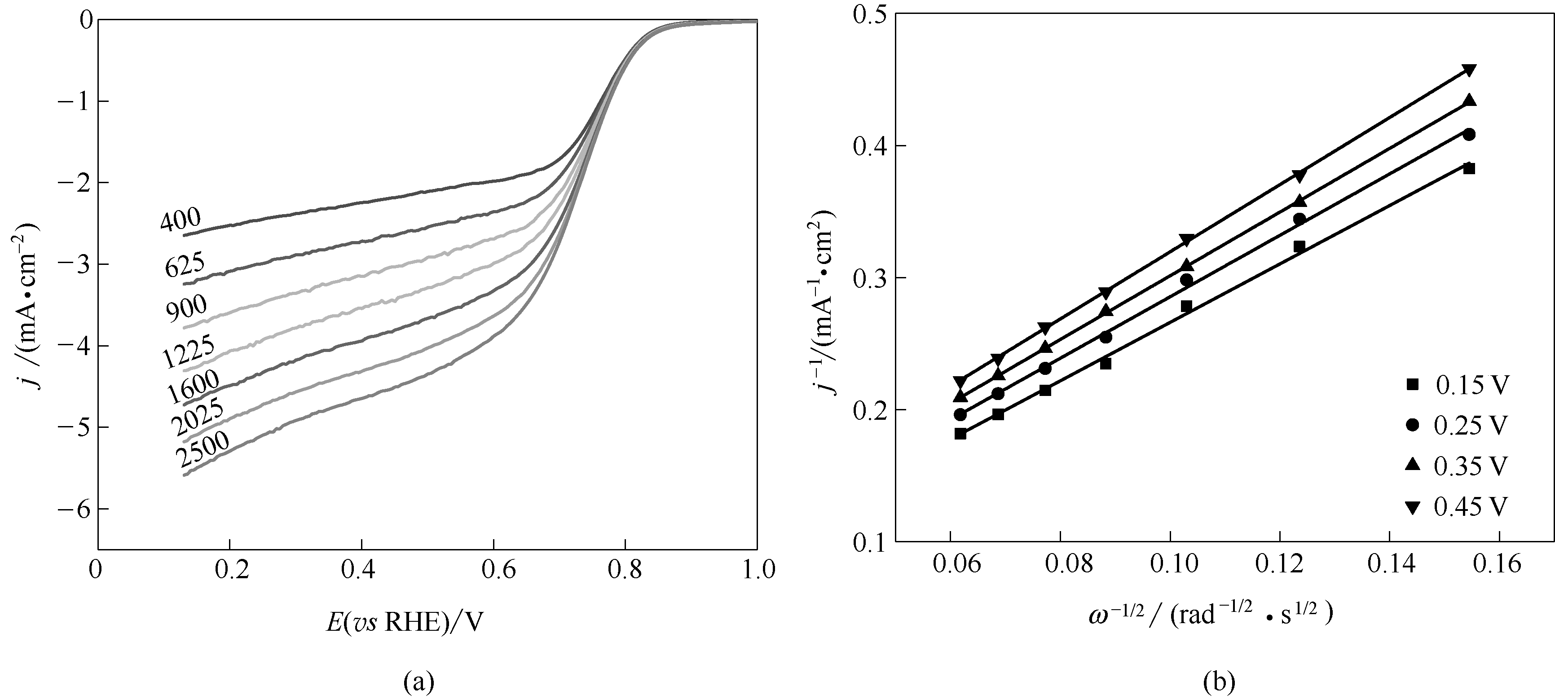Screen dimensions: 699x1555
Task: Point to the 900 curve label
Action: [186, 308]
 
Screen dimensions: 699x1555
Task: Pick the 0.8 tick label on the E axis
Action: [626, 570]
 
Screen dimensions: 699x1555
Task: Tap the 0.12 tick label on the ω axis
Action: [1279, 563]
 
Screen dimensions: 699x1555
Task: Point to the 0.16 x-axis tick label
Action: [1500, 563]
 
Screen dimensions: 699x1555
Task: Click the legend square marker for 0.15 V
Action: [1412, 384]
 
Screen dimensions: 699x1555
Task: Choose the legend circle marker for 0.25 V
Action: [1412, 425]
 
